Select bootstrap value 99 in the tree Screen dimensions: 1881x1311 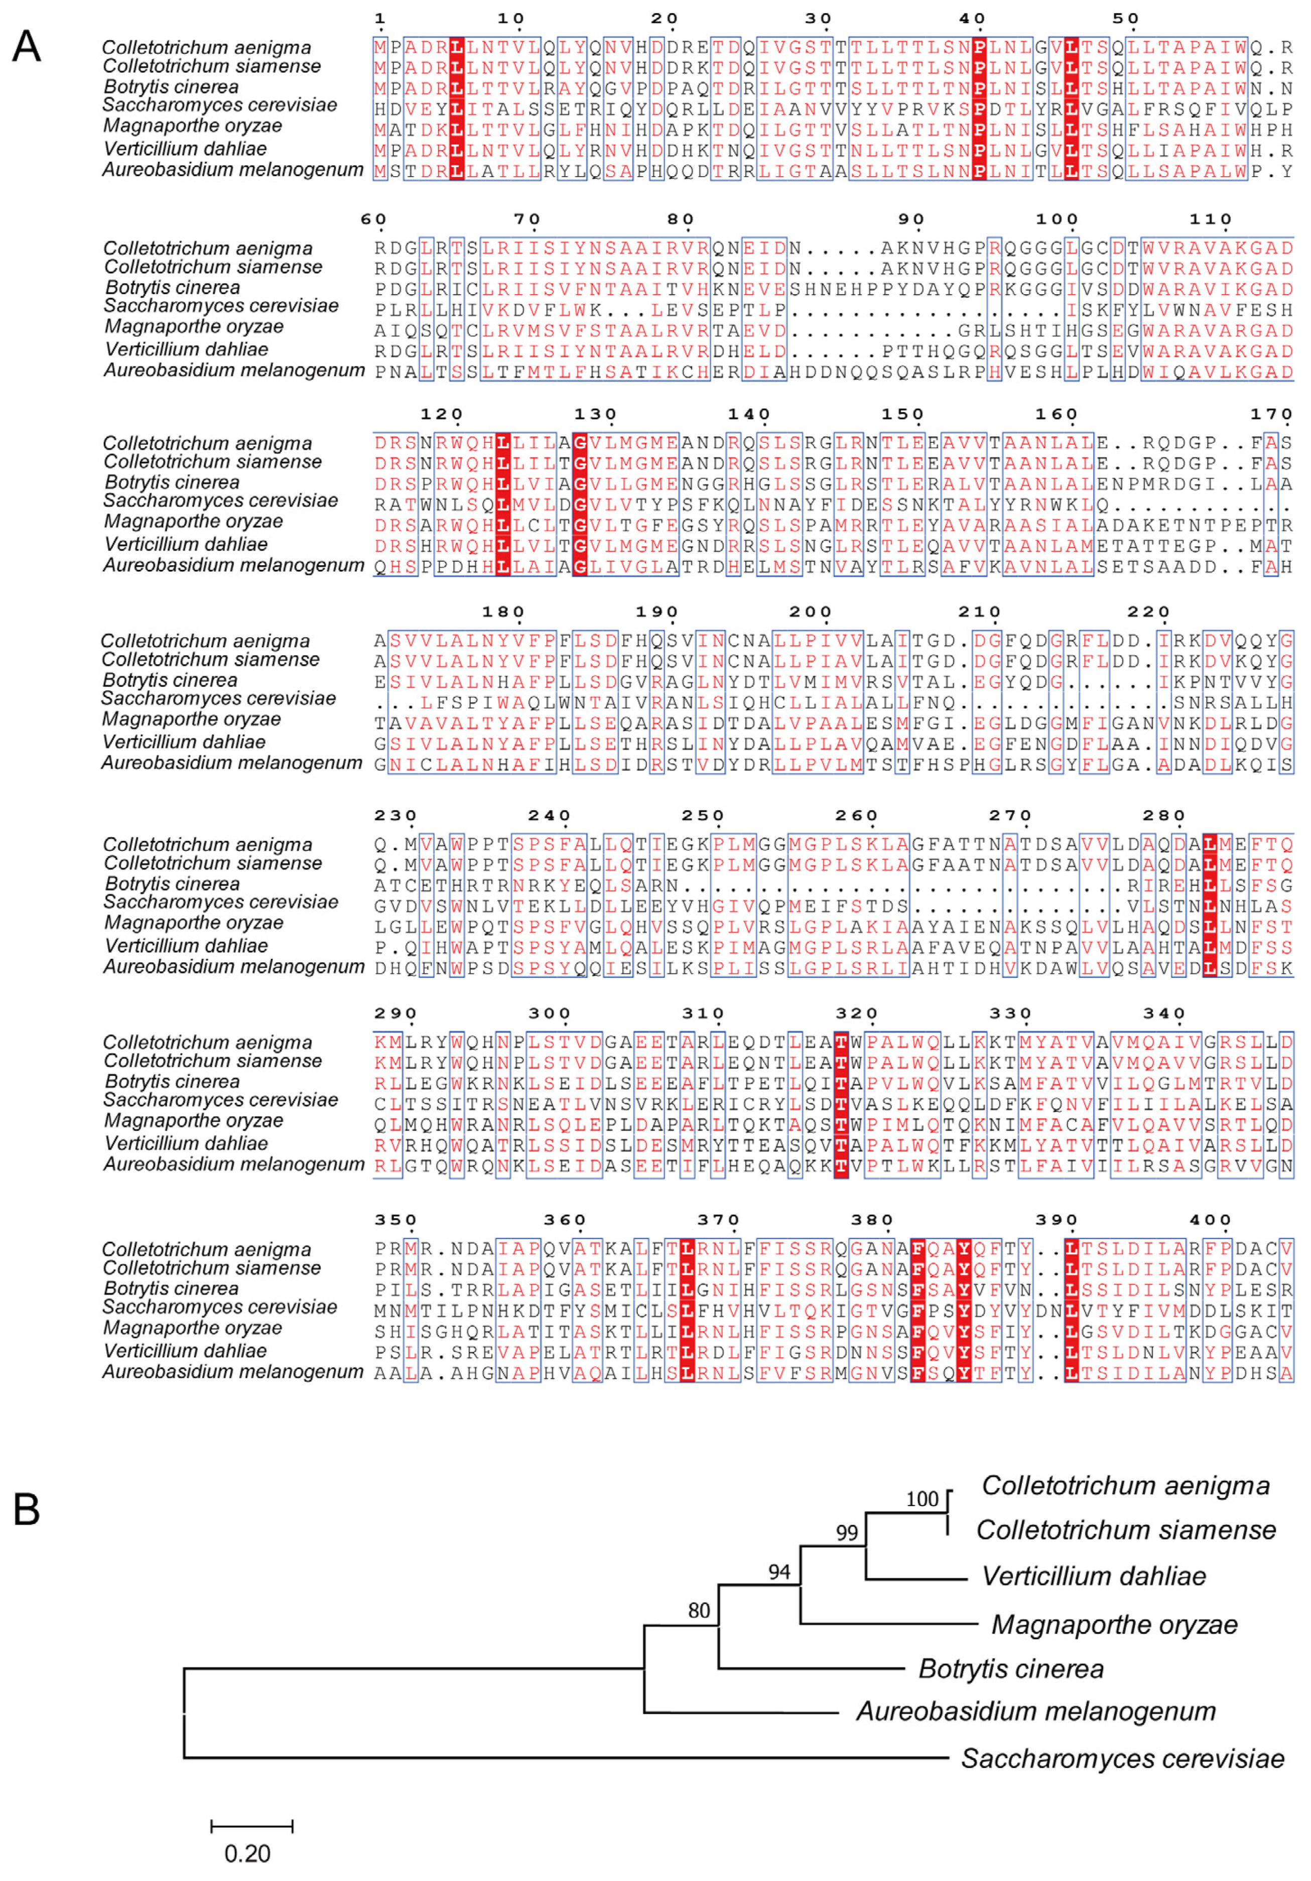(847, 1533)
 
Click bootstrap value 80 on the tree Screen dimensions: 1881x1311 (699, 1610)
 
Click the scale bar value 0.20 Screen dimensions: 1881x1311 (247, 1854)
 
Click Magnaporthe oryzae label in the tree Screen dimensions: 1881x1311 (1114, 1624)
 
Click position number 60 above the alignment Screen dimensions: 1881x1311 (373, 219)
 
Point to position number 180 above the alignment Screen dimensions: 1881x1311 (503, 612)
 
